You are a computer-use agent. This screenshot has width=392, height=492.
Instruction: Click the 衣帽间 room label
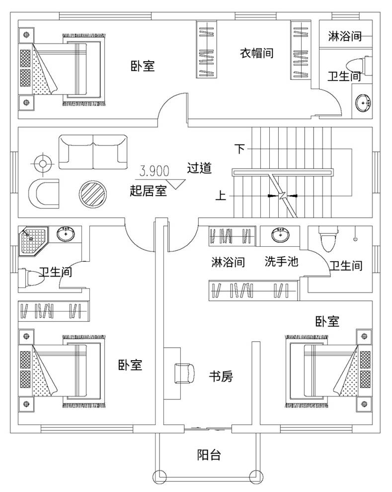click(x=257, y=53)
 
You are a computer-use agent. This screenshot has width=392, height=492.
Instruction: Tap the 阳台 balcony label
click(x=209, y=455)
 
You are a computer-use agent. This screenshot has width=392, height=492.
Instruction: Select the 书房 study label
click(x=220, y=377)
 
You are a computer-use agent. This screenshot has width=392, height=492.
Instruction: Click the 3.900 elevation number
click(x=155, y=172)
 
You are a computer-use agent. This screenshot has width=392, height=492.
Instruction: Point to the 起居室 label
click(x=148, y=190)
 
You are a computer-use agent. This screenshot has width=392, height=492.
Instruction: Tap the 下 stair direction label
click(x=240, y=149)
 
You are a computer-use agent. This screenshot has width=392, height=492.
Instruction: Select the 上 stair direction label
click(x=221, y=196)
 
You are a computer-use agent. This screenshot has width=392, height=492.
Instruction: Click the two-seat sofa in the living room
click(x=92, y=152)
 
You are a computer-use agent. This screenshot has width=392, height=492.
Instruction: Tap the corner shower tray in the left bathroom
click(x=33, y=241)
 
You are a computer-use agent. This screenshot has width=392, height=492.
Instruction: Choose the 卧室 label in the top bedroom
click(x=143, y=66)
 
